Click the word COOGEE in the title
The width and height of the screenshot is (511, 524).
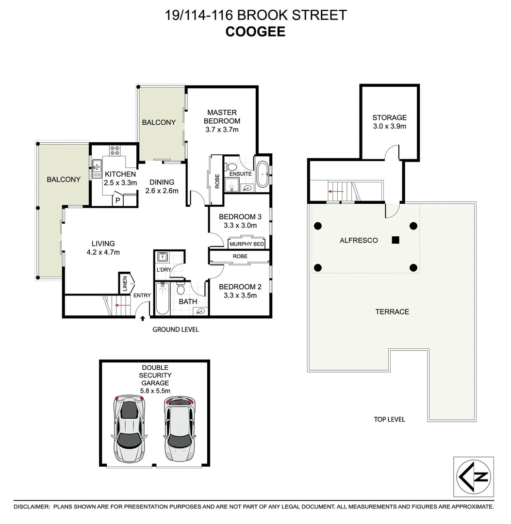tap(255, 32)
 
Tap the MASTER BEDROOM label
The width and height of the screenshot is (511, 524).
tap(222, 117)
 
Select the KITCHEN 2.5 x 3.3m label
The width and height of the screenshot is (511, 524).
tap(120, 179)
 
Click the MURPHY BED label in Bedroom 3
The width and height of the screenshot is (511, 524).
tap(247, 244)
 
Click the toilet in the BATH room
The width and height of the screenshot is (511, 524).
tap(181, 290)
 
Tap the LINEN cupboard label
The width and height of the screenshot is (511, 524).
tap(125, 284)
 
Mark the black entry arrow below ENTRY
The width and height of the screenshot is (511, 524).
tap(143, 319)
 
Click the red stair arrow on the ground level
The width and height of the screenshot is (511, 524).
tap(123, 305)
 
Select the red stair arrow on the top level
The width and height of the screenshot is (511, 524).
tap(336, 192)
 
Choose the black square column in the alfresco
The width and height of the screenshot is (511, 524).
tap(396, 240)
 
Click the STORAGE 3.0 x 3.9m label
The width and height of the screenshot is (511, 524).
tap(389, 122)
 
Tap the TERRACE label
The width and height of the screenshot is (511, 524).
tap(392, 311)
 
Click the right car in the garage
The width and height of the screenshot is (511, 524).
tap(179, 430)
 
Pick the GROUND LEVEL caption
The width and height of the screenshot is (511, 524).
tap(176, 329)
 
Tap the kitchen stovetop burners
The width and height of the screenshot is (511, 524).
tap(115, 150)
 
